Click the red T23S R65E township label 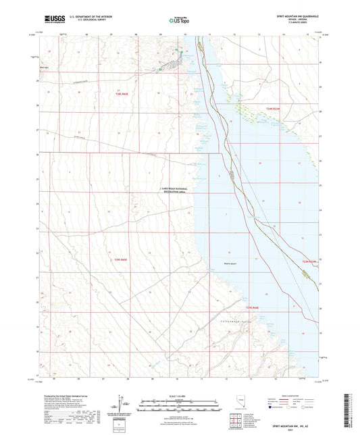pyautogui.click(x=120, y=95)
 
